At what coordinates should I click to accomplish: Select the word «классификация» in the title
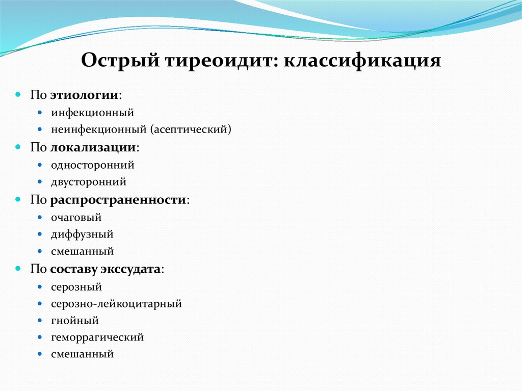[362, 61]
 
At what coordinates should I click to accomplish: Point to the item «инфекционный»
[92, 112]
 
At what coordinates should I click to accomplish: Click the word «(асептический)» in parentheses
[191, 129]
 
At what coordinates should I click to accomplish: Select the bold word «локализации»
[93, 147]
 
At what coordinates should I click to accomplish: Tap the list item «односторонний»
[92, 165]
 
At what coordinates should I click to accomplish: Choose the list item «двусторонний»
[88, 181]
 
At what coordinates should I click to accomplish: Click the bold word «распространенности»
[118, 199]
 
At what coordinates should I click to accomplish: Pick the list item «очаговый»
[76, 217]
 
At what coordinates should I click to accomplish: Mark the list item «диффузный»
[82, 234]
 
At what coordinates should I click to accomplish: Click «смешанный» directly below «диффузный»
[82, 251]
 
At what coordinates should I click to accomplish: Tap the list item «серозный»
[76, 286]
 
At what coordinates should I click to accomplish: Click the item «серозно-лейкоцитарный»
[116, 304]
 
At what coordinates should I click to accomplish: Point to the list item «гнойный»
[74, 321]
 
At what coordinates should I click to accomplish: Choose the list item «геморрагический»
[97, 337]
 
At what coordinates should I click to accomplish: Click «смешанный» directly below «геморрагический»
[82, 354]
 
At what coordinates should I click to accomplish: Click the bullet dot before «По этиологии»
[18, 95]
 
